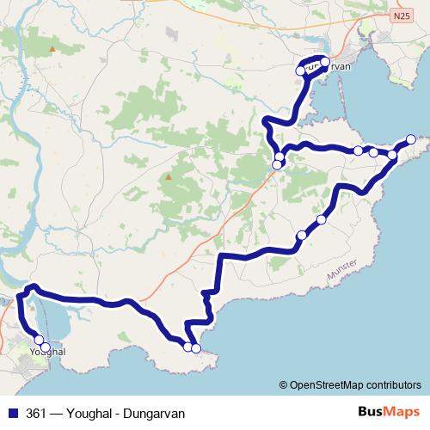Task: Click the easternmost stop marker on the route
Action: click(x=411, y=139)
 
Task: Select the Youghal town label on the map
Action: click(x=47, y=353)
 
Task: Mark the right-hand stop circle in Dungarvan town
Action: click(x=324, y=62)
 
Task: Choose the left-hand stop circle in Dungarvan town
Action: click(x=301, y=71)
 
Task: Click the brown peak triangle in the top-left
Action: click(x=52, y=49)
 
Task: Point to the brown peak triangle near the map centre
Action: click(x=169, y=178)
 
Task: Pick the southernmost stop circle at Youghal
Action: click(x=46, y=347)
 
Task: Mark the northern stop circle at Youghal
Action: click(x=39, y=340)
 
